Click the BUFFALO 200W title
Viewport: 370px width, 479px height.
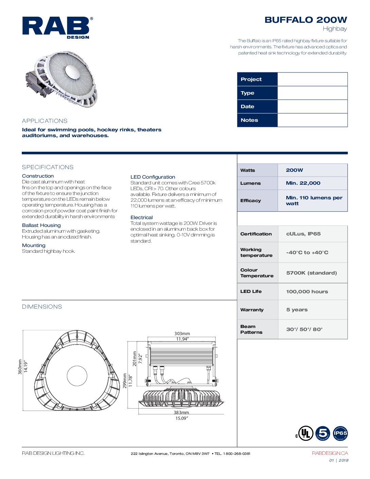pyautogui.click(x=305, y=20)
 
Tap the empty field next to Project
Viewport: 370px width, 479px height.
pyautogui.click(x=312, y=79)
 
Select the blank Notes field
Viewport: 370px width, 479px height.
pyautogui.click(x=312, y=120)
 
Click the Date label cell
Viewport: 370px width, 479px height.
pyautogui.click(x=257, y=106)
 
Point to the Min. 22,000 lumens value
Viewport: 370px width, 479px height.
pyautogui.click(x=303, y=183)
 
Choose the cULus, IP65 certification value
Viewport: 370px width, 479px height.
pyautogui.click(x=303, y=234)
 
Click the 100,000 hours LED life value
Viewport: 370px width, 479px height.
pyautogui.click(x=307, y=292)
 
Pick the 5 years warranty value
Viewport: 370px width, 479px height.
pyautogui.click(x=297, y=310)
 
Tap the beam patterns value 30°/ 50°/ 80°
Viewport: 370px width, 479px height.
pyautogui.click(x=304, y=329)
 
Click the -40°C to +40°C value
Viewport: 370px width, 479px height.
pyautogui.click(x=307, y=252)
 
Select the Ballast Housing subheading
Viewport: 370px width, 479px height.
pyautogui.click(x=41, y=225)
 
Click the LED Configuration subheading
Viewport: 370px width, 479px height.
pyautogui.click(x=153, y=177)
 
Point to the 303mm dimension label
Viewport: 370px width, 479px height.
pyautogui.click(x=182, y=334)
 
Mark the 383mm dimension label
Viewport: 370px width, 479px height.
pyautogui.click(x=181, y=412)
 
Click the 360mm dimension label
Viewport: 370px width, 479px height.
pyautogui.click(x=20, y=367)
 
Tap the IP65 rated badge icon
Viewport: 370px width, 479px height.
pyautogui.click(x=340, y=433)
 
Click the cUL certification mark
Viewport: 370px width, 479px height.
pyautogui.click(x=304, y=433)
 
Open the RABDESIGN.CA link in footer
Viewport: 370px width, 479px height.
pyautogui.click(x=330, y=453)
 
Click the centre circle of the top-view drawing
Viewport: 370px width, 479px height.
pyautogui.click(x=77, y=376)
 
